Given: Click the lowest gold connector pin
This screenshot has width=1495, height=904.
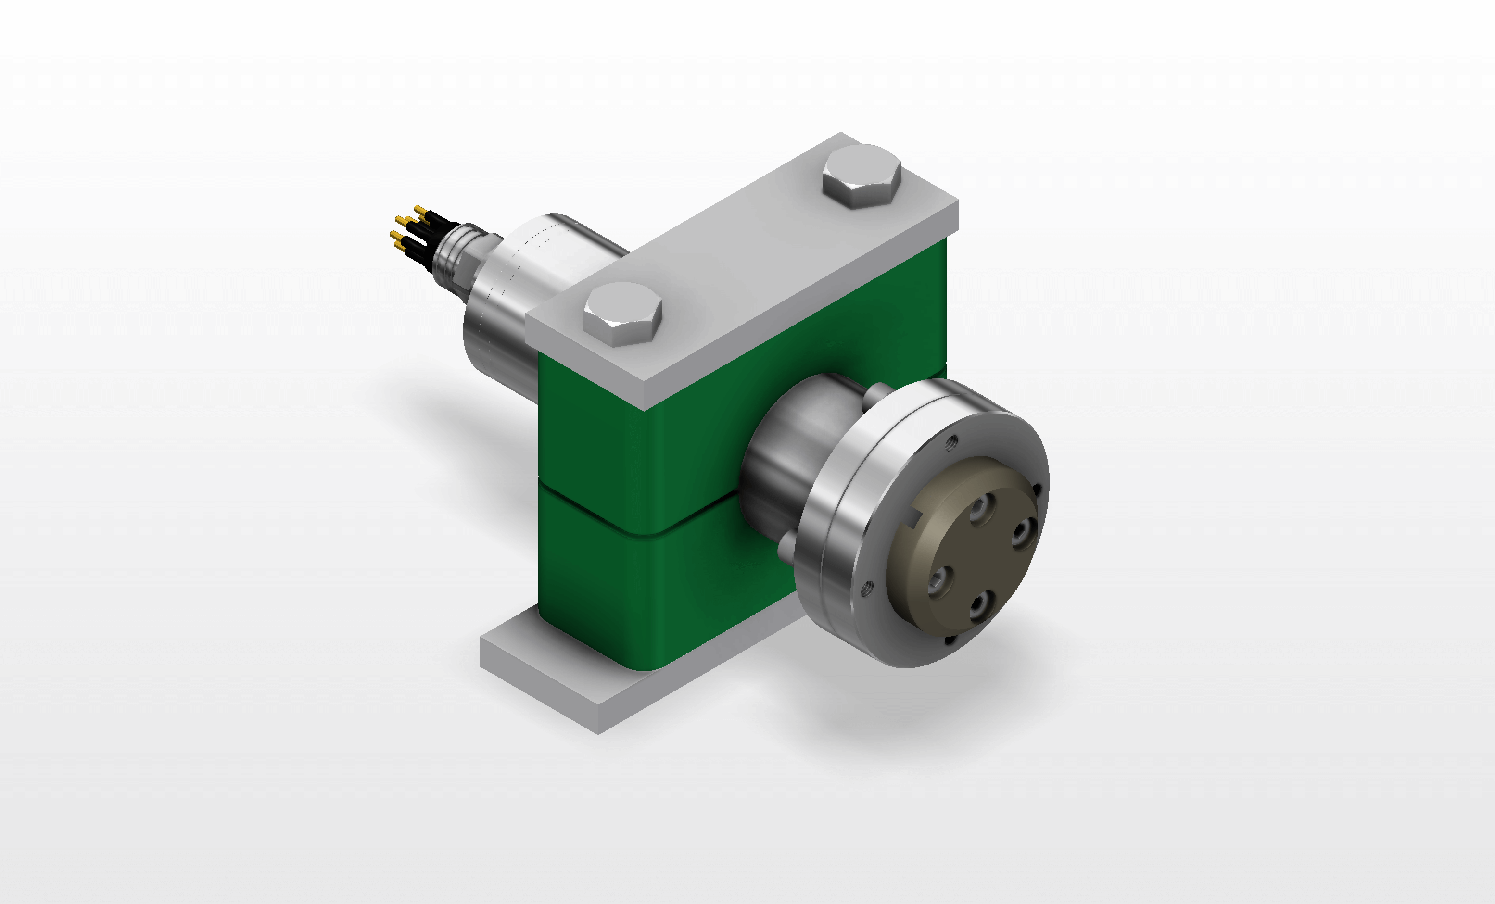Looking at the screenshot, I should (x=399, y=245).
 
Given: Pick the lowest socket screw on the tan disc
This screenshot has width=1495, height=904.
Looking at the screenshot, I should (x=977, y=605).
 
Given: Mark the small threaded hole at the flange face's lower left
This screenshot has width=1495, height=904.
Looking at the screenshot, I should (x=868, y=586).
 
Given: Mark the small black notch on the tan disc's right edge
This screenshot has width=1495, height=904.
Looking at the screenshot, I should (x=1037, y=489).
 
